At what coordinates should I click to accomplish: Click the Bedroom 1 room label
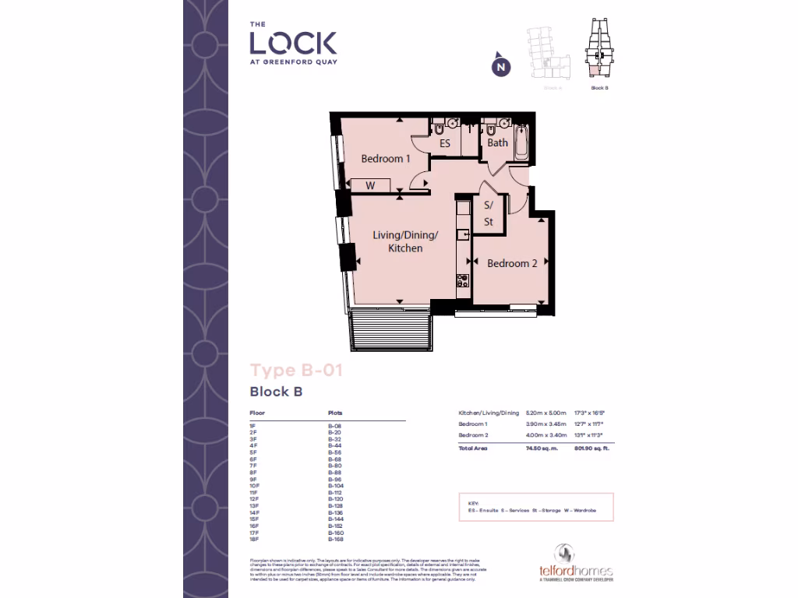pyautogui.click(x=386, y=159)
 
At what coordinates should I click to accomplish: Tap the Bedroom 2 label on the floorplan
pyautogui.click(x=512, y=264)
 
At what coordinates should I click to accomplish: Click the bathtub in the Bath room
pyautogui.click(x=521, y=142)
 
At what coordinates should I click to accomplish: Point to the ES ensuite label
pyautogui.click(x=445, y=143)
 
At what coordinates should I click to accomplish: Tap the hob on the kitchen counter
pyautogui.click(x=462, y=280)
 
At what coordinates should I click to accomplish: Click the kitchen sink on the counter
pyautogui.click(x=462, y=232)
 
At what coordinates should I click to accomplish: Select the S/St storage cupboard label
pyautogui.click(x=489, y=214)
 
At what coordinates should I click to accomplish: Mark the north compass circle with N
pyautogui.click(x=502, y=68)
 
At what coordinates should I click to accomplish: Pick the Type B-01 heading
pyautogui.click(x=295, y=371)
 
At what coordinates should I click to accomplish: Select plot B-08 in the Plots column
pyautogui.click(x=335, y=427)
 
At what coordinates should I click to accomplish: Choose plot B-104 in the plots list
pyautogui.click(x=337, y=486)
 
